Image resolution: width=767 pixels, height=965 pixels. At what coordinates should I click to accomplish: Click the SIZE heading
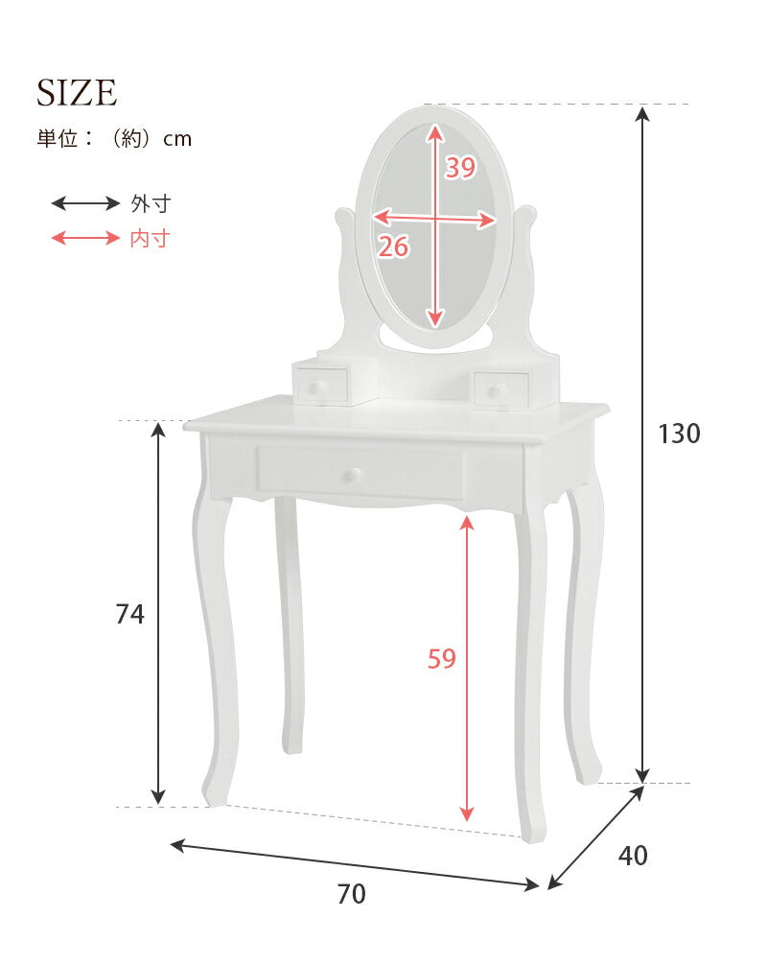tap(77, 93)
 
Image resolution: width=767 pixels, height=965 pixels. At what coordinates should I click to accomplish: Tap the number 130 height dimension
tap(679, 434)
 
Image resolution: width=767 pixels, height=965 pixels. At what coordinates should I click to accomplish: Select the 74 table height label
tap(129, 614)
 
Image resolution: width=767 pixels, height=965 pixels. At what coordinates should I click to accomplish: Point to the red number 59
tap(441, 659)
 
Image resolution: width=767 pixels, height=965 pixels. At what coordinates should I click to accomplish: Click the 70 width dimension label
tap(351, 894)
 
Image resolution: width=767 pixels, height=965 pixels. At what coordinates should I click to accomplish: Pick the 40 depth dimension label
tap(632, 855)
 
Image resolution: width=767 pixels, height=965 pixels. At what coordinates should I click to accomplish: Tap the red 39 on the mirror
tap(460, 168)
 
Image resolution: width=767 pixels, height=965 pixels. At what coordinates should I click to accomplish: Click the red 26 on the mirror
tap(393, 247)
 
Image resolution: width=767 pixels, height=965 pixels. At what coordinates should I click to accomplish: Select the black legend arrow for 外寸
tap(84, 203)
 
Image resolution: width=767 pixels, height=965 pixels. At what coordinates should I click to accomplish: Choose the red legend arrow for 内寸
tap(84, 238)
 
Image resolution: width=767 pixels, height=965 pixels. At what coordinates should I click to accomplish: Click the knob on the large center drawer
tap(354, 474)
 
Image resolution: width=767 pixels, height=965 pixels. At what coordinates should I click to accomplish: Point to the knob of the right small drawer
tap(495, 390)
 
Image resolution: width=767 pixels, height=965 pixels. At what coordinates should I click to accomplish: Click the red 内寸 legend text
tap(150, 238)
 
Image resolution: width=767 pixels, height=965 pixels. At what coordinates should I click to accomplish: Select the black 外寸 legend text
tap(150, 203)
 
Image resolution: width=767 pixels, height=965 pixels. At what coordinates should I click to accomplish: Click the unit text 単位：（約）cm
tap(114, 138)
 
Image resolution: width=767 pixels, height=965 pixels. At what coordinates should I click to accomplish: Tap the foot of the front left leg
tap(215, 794)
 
